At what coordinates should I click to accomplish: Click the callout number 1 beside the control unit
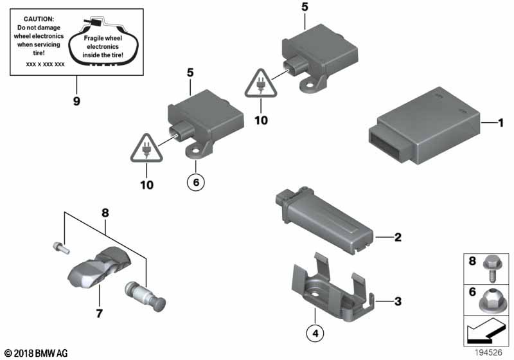tap(501, 123)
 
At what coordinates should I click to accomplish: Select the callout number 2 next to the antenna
tap(398, 237)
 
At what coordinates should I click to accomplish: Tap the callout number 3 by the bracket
tap(398, 301)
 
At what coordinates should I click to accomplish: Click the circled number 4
tap(315, 334)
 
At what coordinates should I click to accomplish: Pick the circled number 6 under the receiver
tap(196, 182)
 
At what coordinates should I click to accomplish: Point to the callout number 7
tap(100, 314)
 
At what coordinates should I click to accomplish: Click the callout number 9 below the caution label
tap(76, 101)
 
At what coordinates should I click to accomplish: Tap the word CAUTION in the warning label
tap(39, 19)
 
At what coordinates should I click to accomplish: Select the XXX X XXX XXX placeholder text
tap(45, 64)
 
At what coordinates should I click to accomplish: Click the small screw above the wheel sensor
tap(61, 248)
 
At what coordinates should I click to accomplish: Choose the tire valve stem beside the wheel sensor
tap(145, 296)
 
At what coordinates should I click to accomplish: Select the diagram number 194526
tap(488, 352)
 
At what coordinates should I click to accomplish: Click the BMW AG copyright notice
tap(36, 354)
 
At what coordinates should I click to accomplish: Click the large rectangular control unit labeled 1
tap(425, 125)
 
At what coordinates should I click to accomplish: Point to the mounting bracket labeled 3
tap(333, 289)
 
